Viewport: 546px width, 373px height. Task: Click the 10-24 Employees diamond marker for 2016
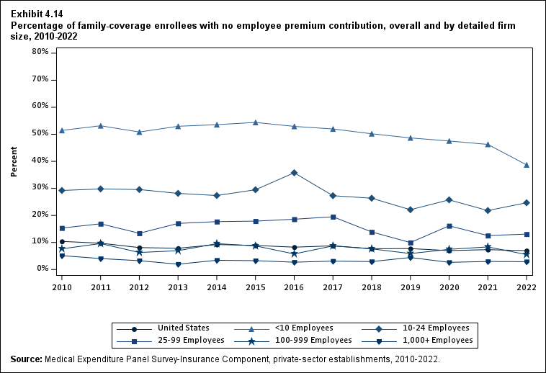coord(294,173)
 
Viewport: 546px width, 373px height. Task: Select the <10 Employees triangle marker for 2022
coord(527,165)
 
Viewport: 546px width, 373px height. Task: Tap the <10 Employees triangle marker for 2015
coord(255,122)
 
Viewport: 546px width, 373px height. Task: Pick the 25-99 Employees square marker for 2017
coord(333,217)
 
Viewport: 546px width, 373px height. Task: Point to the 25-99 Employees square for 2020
coord(449,226)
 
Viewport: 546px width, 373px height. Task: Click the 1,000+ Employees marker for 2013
coord(178,264)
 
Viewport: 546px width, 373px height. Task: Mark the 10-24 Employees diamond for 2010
coord(62,190)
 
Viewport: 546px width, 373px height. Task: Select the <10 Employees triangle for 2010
coord(62,130)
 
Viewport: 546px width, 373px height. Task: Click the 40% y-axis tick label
coord(40,161)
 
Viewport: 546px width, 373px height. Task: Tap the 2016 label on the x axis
coord(294,287)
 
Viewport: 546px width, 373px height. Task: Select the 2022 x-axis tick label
coord(527,287)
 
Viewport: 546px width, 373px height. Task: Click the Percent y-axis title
coord(14,161)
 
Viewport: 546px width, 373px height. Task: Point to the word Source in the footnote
coord(26,359)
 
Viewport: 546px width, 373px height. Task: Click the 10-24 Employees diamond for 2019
coord(410,210)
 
